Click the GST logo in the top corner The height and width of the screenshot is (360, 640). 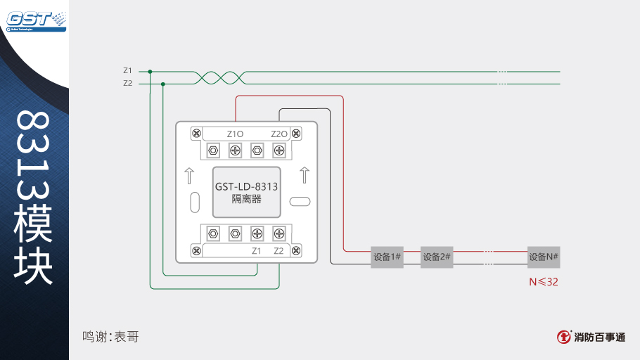click(36, 20)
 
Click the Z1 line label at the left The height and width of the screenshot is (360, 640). click(127, 70)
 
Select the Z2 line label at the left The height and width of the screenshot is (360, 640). click(127, 84)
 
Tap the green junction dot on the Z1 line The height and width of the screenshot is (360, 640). click(150, 71)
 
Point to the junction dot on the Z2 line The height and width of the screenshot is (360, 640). click(163, 84)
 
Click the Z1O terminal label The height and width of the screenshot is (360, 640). click(235, 134)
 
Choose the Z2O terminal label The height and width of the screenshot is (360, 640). click(279, 134)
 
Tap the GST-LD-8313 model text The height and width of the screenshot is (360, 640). click(246, 187)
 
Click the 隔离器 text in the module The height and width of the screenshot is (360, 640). click(246, 199)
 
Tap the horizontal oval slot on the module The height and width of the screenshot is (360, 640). click(300, 202)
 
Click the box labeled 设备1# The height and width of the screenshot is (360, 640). click(387, 257)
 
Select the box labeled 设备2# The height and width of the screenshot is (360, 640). click(437, 257)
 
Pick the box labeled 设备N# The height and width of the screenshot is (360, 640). click(544, 257)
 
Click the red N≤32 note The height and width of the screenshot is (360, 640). click(544, 281)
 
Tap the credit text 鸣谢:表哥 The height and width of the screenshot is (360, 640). click(110, 337)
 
